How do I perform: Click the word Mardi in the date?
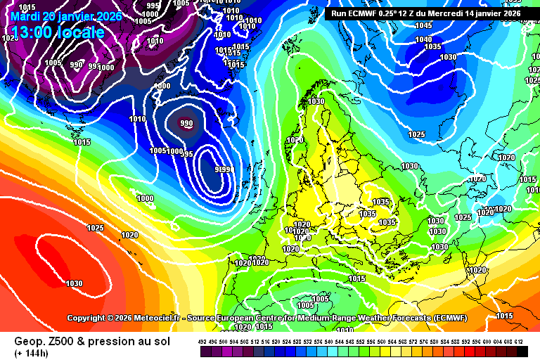pos(25,16)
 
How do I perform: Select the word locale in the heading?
pos(82,32)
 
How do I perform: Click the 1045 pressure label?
pos(423,25)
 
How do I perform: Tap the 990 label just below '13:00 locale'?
pos(77,65)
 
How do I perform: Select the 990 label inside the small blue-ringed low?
pos(186,124)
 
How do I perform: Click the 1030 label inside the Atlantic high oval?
pos(74,283)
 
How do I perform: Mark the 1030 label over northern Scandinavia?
pos(316,101)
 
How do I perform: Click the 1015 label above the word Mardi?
pos(27,7)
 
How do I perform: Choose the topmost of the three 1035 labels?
pos(380,202)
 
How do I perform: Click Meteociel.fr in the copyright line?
pos(153,318)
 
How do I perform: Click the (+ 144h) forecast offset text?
pos(31,353)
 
